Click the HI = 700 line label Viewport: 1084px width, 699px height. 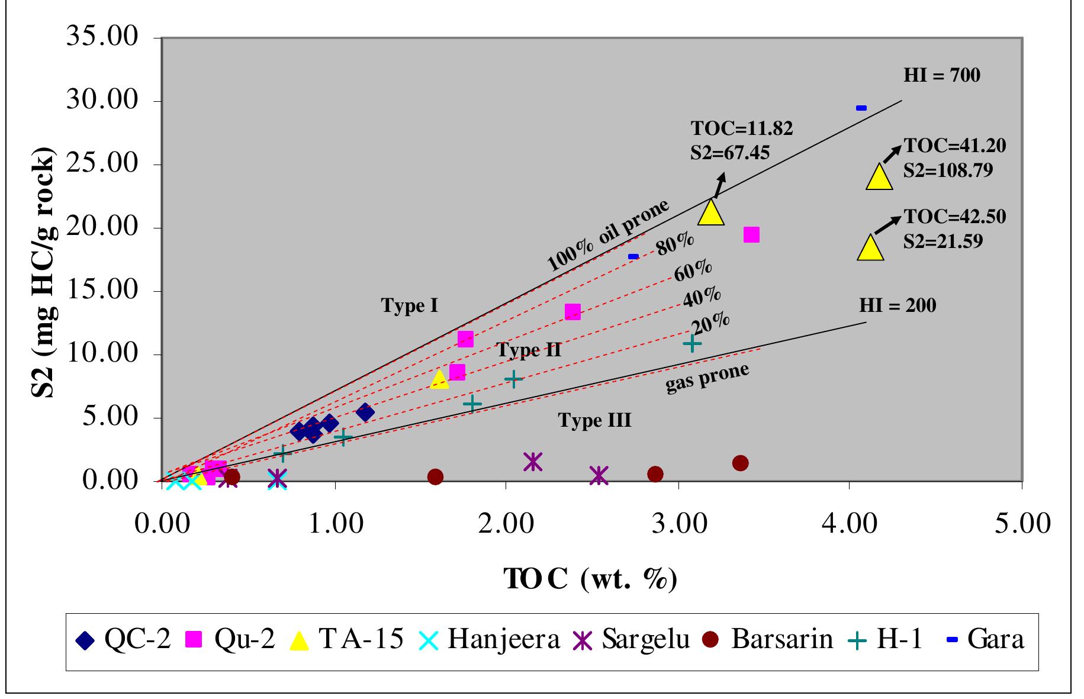pyautogui.click(x=941, y=76)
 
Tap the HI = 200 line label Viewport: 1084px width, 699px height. pyautogui.click(x=898, y=305)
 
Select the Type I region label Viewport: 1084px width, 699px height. pyautogui.click(x=409, y=306)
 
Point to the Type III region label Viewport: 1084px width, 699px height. pyautogui.click(x=594, y=421)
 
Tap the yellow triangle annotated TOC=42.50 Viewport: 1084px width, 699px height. pyautogui.click(x=870, y=248)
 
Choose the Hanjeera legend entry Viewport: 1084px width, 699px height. pyautogui.click(x=491, y=640)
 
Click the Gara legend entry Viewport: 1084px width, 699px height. pyautogui.click(x=985, y=640)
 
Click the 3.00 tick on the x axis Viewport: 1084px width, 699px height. pyautogui.click(x=678, y=526)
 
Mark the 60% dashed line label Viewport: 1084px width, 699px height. pyautogui.click(x=693, y=271)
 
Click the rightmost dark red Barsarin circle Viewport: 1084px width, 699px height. pyautogui.click(x=740, y=463)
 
